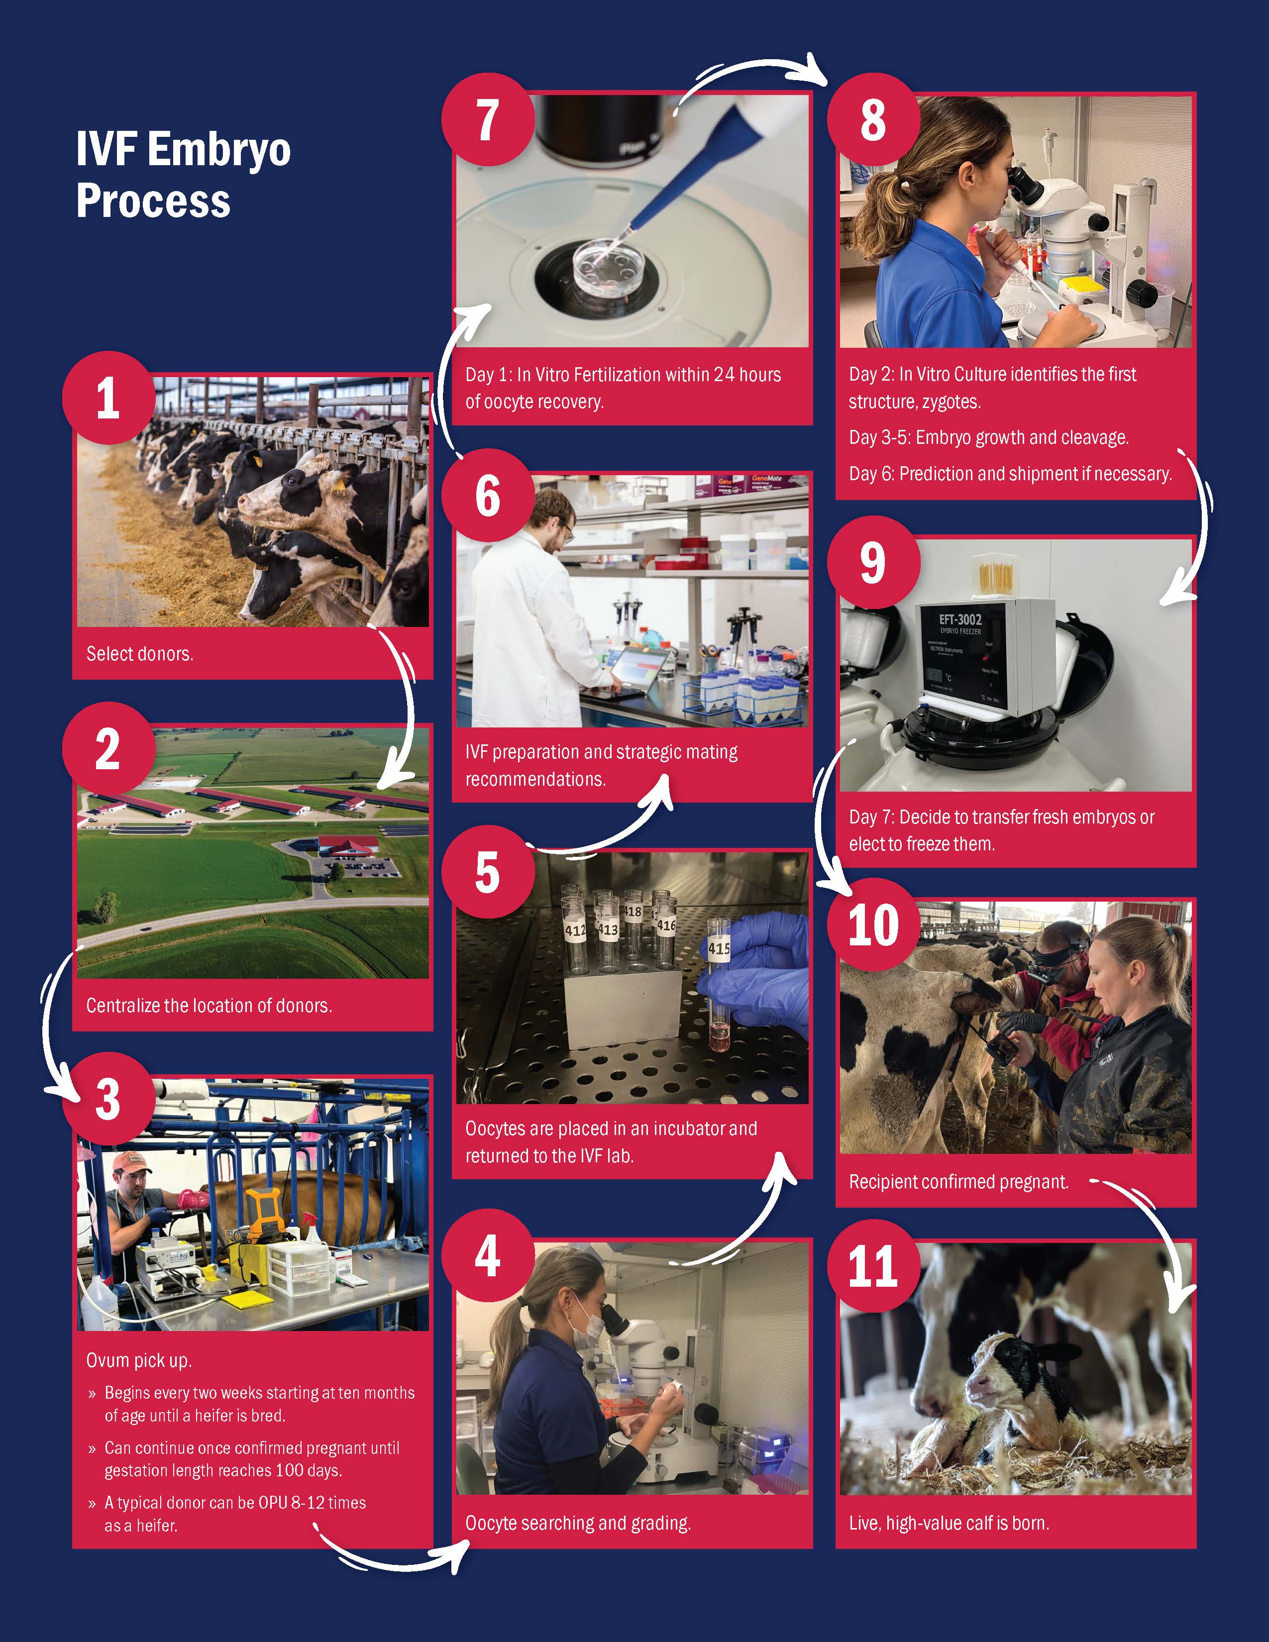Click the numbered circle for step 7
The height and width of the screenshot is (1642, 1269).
click(488, 119)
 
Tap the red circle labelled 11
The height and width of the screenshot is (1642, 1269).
click(873, 1266)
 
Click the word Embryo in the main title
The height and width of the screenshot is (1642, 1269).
click(219, 150)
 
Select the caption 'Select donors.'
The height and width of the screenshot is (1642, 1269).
click(140, 654)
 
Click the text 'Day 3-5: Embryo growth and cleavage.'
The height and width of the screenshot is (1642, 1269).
click(989, 437)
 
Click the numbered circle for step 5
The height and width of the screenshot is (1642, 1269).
click(488, 873)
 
